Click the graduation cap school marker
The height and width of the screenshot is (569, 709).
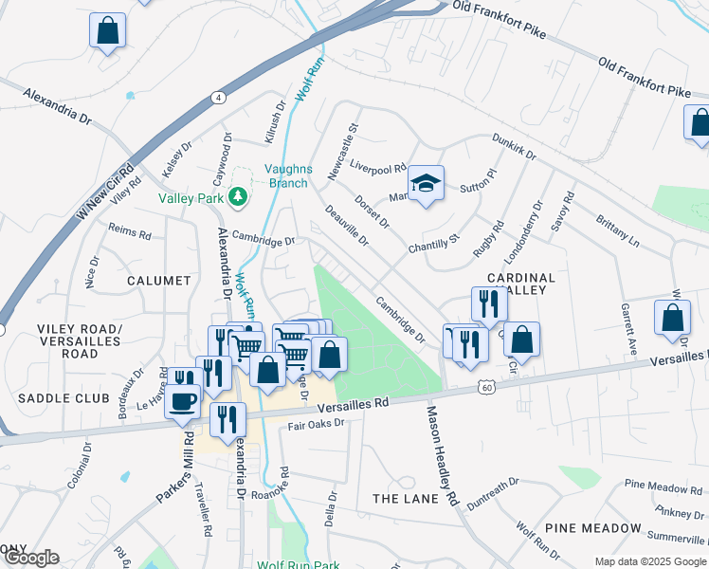pyautogui.click(x=426, y=182)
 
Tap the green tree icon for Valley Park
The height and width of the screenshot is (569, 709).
pyautogui.click(x=238, y=197)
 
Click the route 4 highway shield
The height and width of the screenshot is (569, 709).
pyautogui.click(x=219, y=98)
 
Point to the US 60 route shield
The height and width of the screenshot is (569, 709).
pyautogui.click(x=486, y=387)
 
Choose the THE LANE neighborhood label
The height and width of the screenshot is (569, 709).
pyautogui.click(x=402, y=499)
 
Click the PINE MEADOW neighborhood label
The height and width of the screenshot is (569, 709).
pyautogui.click(x=592, y=527)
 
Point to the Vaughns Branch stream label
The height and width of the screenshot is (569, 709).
pyautogui.click(x=288, y=175)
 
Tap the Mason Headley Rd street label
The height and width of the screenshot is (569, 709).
pyautogui.click(x=442, y=455)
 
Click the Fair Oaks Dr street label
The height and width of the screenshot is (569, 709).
pyautogui.click(x=316, y=425)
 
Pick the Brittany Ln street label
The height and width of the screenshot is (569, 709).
pyautogui.click(x=618, y=230)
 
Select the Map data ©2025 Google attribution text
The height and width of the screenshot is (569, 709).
pyautogui.click(x=649, y=561)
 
